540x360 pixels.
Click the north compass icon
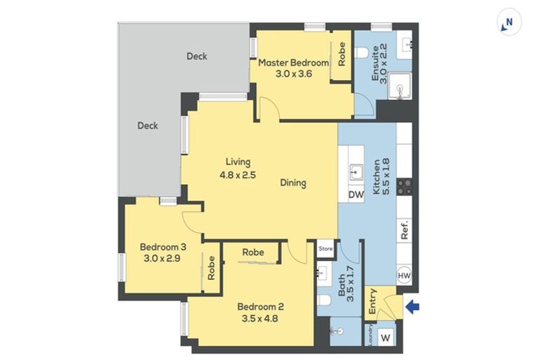coord(509,22)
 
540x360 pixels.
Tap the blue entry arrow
coord(413,307)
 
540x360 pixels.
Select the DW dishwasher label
coord(356,195)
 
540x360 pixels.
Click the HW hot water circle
coord(404,276)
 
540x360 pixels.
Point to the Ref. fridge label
coord(404,229)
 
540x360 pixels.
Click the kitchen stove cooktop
coord(404,187)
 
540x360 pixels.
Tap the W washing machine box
coord(386,337)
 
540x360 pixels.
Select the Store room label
coord(326,248)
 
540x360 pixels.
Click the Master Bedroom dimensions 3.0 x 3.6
coord(293,73)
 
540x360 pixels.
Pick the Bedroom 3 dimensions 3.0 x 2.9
coord(162,258)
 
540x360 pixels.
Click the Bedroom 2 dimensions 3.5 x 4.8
coord(259,319)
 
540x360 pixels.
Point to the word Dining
coord(293,183)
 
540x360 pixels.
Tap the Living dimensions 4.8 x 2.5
coord(238,175)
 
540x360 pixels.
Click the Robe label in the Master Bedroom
coord(342,53)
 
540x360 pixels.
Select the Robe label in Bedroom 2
coord(253,252)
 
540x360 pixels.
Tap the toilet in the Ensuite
coord(361,53)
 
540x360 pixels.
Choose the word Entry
coord(372,302)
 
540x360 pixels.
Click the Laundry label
coord(371,335)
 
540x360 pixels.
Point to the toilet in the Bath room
coord(323,300)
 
